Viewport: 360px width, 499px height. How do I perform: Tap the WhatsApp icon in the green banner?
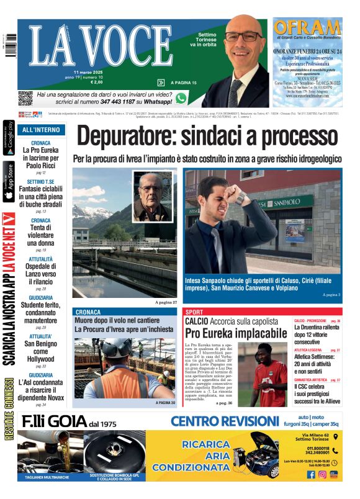click(x=181, y=98)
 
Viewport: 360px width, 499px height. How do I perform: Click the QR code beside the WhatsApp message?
click(x=25, y=98)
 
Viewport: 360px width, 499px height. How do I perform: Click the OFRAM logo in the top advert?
click(x=308, y=29)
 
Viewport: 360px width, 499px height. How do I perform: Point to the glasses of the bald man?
click(x=243, y=37)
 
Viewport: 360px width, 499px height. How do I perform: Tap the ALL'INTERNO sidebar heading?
click(x=41, y=130)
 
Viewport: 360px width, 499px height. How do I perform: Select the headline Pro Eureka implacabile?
click(x=227, y=333)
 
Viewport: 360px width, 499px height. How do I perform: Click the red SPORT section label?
click(x=194, y=312)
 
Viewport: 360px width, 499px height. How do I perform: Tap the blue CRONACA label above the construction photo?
click(x=88, y=312)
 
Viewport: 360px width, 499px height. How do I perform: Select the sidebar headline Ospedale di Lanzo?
click(x=41, y=270)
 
